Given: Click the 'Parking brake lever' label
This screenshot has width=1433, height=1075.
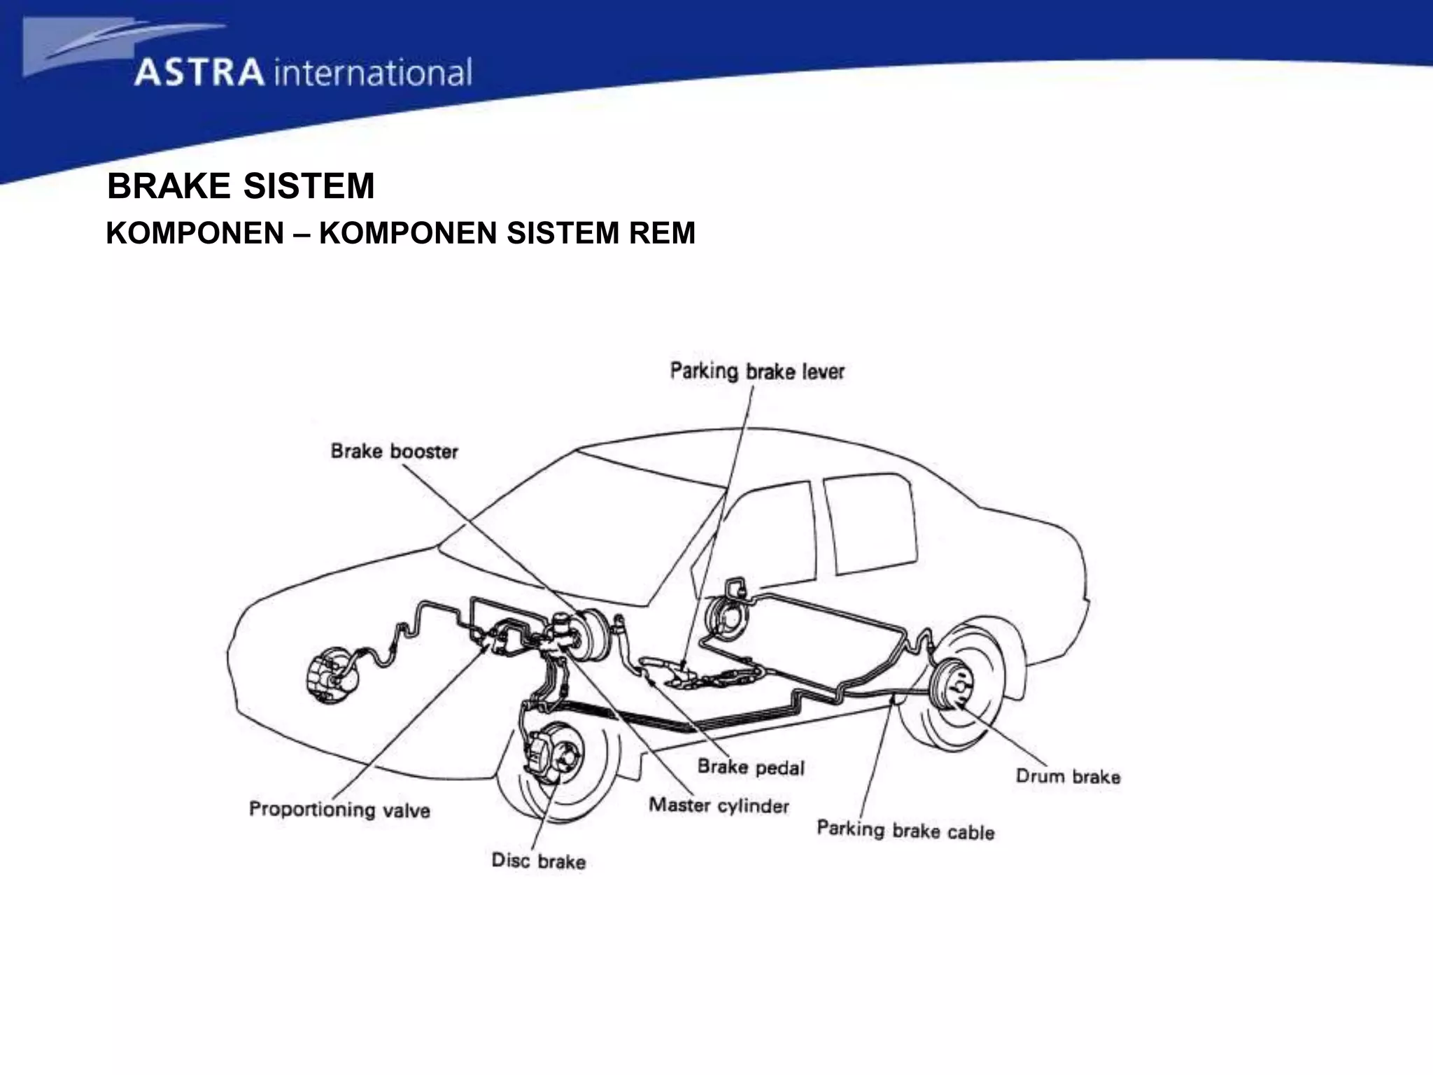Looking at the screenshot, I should click(x=757, y=371).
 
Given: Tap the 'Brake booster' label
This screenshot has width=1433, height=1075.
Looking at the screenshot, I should click(x=394, y=451).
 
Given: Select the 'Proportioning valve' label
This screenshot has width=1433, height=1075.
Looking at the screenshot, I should click(x=339, y=810).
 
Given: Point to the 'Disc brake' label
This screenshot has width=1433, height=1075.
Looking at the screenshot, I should click(x=538, y=860).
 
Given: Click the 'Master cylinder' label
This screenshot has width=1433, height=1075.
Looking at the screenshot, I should click(x=719, y=806).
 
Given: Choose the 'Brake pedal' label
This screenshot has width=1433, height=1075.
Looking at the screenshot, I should click(x=751, y=767).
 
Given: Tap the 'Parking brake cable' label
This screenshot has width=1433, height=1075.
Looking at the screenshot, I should click(x=905, y=831).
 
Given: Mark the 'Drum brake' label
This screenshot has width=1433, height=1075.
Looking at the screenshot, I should click(x=1068, y=776).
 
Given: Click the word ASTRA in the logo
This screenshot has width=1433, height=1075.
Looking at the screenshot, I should click(x=199, y=73).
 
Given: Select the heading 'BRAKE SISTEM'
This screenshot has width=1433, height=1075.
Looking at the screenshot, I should click(x=241, y=187).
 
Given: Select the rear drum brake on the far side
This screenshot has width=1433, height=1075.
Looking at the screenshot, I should click(x=725, y=616).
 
